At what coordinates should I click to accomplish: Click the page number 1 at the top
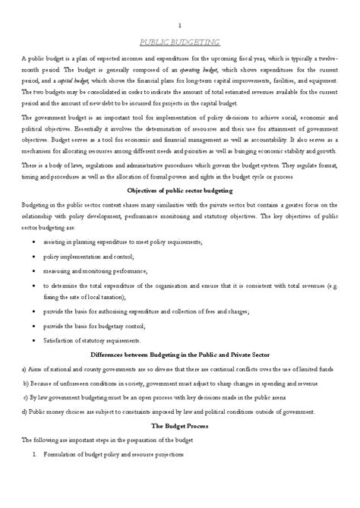179,26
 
